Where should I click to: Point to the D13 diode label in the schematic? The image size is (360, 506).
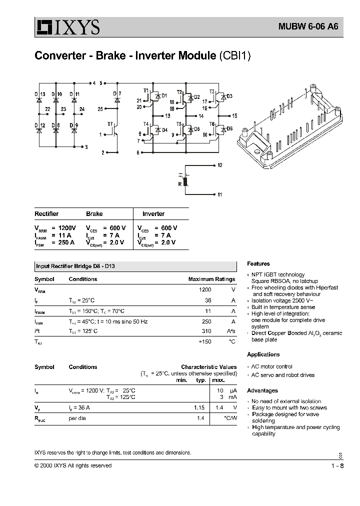[x=39, y=94]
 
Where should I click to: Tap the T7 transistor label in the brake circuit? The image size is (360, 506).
[x=110, y=123]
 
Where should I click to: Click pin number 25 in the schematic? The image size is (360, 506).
[x=100, y=108]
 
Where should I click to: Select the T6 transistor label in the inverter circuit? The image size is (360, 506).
[x=212, y=123]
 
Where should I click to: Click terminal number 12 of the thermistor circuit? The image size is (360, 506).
[x=220, y=164]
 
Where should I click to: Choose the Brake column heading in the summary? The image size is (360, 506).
[x=94, y=213]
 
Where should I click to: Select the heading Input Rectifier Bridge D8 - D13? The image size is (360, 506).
[x=78, y=266]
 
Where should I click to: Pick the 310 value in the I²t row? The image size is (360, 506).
[x=205, y=331]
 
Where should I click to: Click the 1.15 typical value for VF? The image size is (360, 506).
[x=200, y=407]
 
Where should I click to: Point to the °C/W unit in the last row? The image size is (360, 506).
[x=229, y=417]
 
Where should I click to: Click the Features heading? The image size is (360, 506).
[x=258, y=263]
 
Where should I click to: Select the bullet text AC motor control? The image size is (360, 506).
[x=271, y=366]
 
